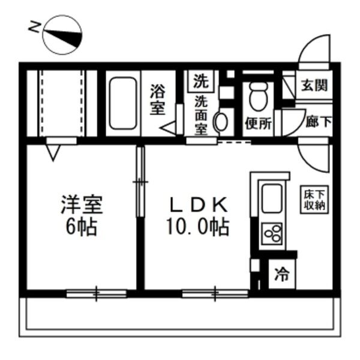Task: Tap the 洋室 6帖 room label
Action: (81, 215)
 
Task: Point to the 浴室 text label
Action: (157, 101)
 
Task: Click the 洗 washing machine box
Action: (199, 79)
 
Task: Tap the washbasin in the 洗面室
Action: (220, 122)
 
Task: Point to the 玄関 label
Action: (314, 85)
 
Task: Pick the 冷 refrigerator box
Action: (281, 276)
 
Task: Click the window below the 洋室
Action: (96, 293)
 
